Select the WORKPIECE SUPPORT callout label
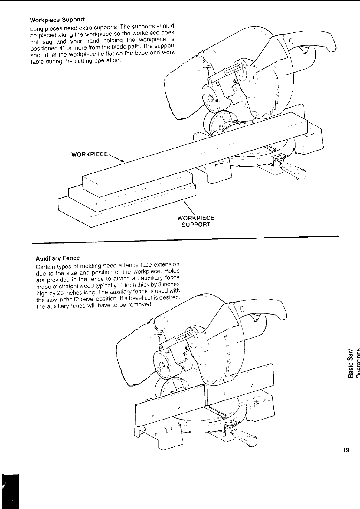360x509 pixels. coord(195,221)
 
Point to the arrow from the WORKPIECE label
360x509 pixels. coord(116,158)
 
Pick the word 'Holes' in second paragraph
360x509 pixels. coord(173,271)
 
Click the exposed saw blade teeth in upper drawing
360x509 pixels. coord(266,112)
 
